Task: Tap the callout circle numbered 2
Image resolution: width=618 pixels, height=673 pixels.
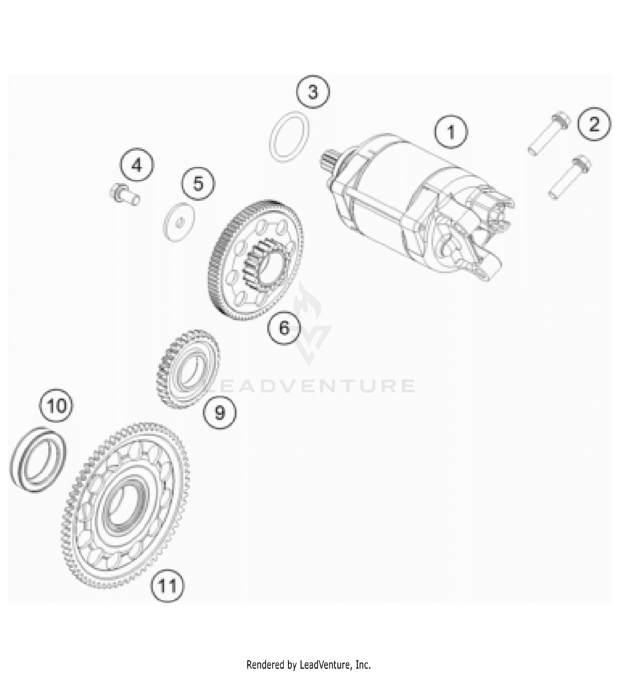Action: tap(594, 124)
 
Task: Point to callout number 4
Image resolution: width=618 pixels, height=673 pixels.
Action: tap(137, 165)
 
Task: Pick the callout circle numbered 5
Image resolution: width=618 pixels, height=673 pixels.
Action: tap(199, 183)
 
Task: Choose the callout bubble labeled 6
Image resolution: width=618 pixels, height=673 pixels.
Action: tap(284, 328)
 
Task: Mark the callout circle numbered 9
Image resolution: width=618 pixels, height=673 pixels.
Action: tap(220, 411)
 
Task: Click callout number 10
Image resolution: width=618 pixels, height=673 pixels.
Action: tap(56, 406)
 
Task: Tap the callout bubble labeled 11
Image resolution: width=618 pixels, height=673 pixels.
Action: tap(167, 585)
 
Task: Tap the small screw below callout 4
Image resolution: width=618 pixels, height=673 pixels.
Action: tap(124, 194)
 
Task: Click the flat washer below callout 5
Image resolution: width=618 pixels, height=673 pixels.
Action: tap(180, 222)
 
